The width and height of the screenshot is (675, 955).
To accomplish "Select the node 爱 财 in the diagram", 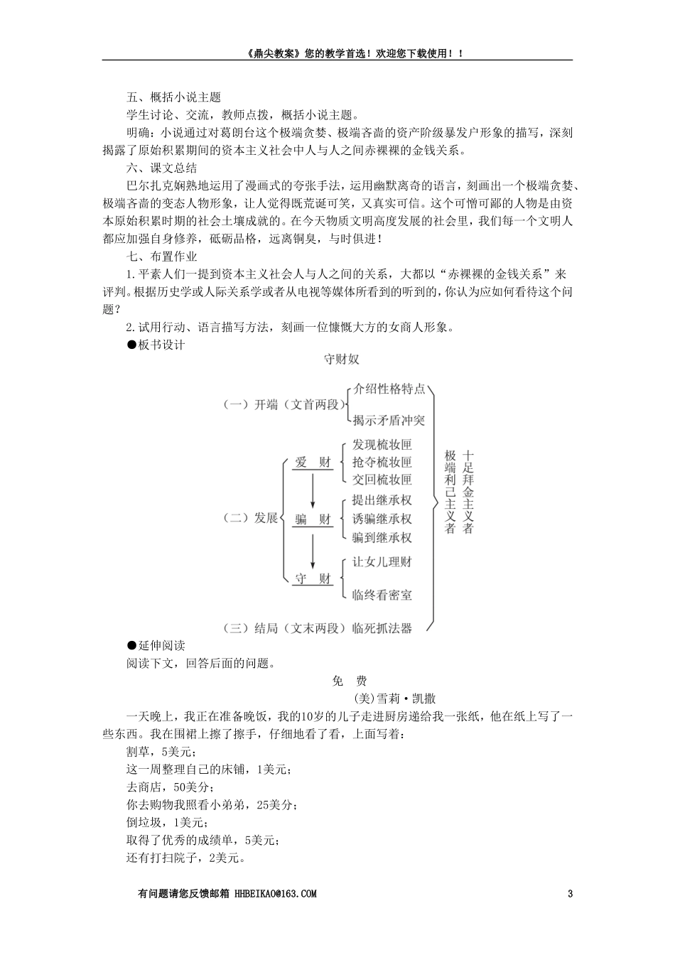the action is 313,463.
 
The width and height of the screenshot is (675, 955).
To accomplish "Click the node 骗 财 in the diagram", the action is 313,519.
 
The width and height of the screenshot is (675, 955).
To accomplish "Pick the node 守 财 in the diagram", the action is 313,578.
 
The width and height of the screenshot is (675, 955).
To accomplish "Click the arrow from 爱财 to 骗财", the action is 313,491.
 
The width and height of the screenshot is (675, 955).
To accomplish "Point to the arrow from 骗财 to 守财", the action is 313,549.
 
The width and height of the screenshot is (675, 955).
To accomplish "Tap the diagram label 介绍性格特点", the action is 389,389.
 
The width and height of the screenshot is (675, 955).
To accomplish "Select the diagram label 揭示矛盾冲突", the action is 389,420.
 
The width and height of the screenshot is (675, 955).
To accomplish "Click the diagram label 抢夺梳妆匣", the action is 382,463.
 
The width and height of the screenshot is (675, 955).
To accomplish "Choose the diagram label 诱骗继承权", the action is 382,519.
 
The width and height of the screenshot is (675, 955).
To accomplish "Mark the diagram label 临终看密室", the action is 382,595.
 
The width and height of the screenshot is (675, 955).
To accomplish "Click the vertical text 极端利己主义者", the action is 450,492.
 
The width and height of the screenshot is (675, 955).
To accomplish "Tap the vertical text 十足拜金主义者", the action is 468,492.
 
